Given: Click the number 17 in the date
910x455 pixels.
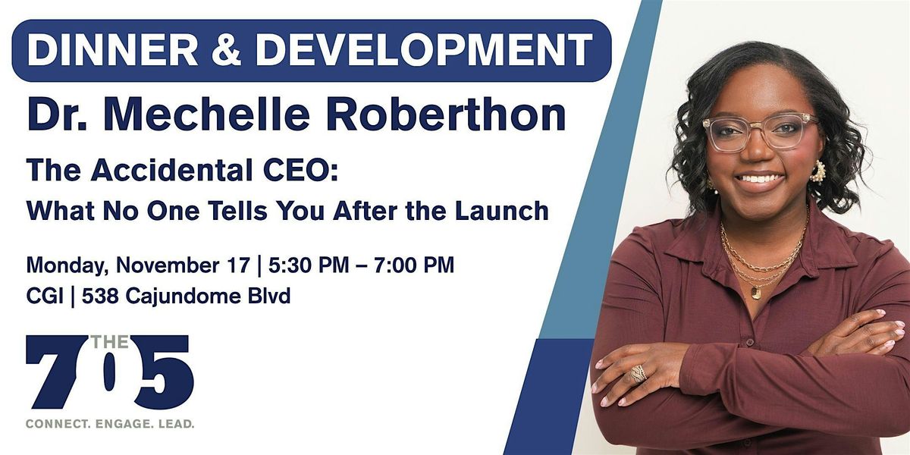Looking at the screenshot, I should click(238, 266).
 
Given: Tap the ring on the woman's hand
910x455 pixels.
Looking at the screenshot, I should click(638, 373).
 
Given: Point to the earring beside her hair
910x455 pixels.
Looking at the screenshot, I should click(817, 171).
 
